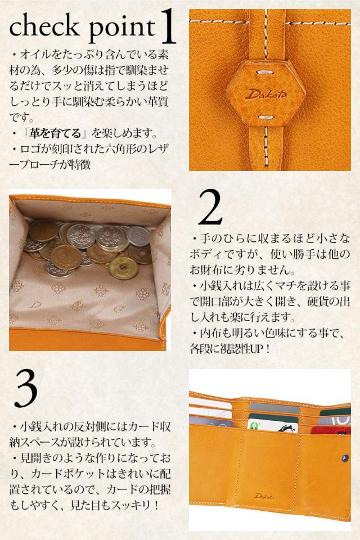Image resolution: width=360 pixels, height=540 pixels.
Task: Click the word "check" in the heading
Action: pyautogui.click(x=44, y=26)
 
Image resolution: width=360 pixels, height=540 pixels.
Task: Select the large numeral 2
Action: pyautogui.click(x=210, y=207)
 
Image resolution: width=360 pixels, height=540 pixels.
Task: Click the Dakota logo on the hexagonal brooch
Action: pyautogui.click(x=265, y=94)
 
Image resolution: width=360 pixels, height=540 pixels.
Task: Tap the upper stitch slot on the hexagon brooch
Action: pyautogui.click(x=265, y=73)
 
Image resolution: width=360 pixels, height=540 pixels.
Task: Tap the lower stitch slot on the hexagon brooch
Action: pyautogui.click(x=265, y=118)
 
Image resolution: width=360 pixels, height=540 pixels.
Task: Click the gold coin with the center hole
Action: pyautogui.click(x=123, y=268)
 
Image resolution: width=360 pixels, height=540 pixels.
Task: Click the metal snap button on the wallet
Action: pyautogui.click(x=344, y=457)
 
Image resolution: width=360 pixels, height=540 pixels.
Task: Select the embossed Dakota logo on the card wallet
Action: pyautogui.click(x=264, y=496)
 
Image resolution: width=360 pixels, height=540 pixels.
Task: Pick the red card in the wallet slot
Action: pyautogui.click(x=331, y=430)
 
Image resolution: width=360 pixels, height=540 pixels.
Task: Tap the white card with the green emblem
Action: pyautogui.click(x=273, y=426)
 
